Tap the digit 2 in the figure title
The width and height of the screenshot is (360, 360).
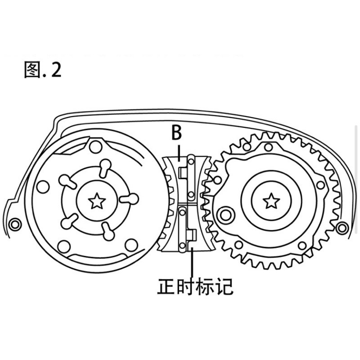[56, 70]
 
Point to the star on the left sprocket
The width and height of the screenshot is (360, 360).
[97, 201]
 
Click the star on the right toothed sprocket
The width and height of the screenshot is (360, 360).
[271, 201]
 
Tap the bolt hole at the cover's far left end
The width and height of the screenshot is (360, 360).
[15, 224]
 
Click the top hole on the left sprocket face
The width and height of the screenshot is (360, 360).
[96, 147]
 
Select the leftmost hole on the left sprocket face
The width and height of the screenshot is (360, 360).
[43, 187]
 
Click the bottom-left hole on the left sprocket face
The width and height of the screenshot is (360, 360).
[64, 246]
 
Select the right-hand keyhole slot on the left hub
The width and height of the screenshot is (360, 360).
[130, 198]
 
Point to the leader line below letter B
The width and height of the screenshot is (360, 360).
[179, 152]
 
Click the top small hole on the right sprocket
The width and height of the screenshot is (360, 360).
[268, 147]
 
